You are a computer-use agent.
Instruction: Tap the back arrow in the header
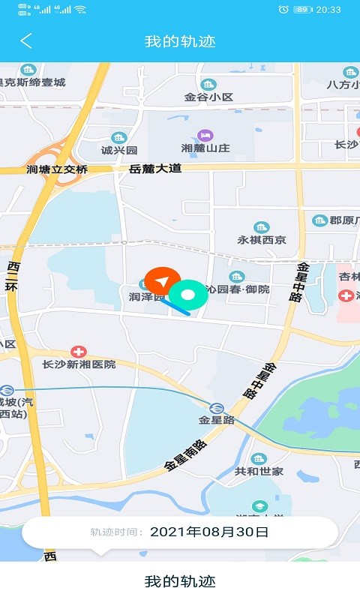coord(26,40)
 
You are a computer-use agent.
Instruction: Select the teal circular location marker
coord(188,295)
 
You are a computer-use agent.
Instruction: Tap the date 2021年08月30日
coord(209,532)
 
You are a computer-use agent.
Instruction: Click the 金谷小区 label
coord(209,97)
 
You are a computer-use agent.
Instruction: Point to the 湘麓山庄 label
coord(205,149)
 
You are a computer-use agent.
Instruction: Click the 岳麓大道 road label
coord(155,169)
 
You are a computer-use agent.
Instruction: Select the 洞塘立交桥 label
coord(57,169)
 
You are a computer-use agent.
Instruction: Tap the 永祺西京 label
coord(262,240)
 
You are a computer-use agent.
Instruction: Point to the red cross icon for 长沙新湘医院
coord(78,351)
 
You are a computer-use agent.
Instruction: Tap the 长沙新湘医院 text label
coord(79,364)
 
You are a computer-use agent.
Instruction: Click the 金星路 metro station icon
coord(216,408)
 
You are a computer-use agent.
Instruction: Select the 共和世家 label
coord(259,471)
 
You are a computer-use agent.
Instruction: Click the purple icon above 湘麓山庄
coord(205,135)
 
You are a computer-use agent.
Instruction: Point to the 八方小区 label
coord(343,84)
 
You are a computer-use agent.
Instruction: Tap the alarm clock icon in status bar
coord(283,9)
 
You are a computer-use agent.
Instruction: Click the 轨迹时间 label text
coord(116,532)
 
